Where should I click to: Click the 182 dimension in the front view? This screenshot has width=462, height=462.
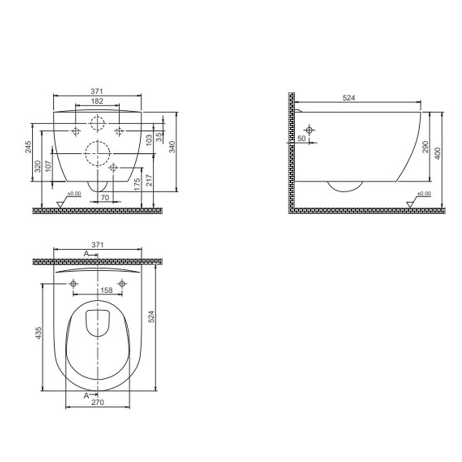[x=97, y=101]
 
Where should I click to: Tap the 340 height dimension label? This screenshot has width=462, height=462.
[x=172, y=147]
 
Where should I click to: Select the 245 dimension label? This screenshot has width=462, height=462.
[x=28, y=147]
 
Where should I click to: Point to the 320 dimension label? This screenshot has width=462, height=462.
[x=38, y=166]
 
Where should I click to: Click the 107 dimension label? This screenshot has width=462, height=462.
[x=49, y=166]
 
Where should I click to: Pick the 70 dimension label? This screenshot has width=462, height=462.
[x=105, y=198]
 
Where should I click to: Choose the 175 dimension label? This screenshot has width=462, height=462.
[x=137, y=184]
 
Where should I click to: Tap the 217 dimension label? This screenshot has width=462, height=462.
[x=149, y=180]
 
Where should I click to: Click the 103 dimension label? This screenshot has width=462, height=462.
[x=149, y=140]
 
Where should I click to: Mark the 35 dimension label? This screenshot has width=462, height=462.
[x=159, y=137]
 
